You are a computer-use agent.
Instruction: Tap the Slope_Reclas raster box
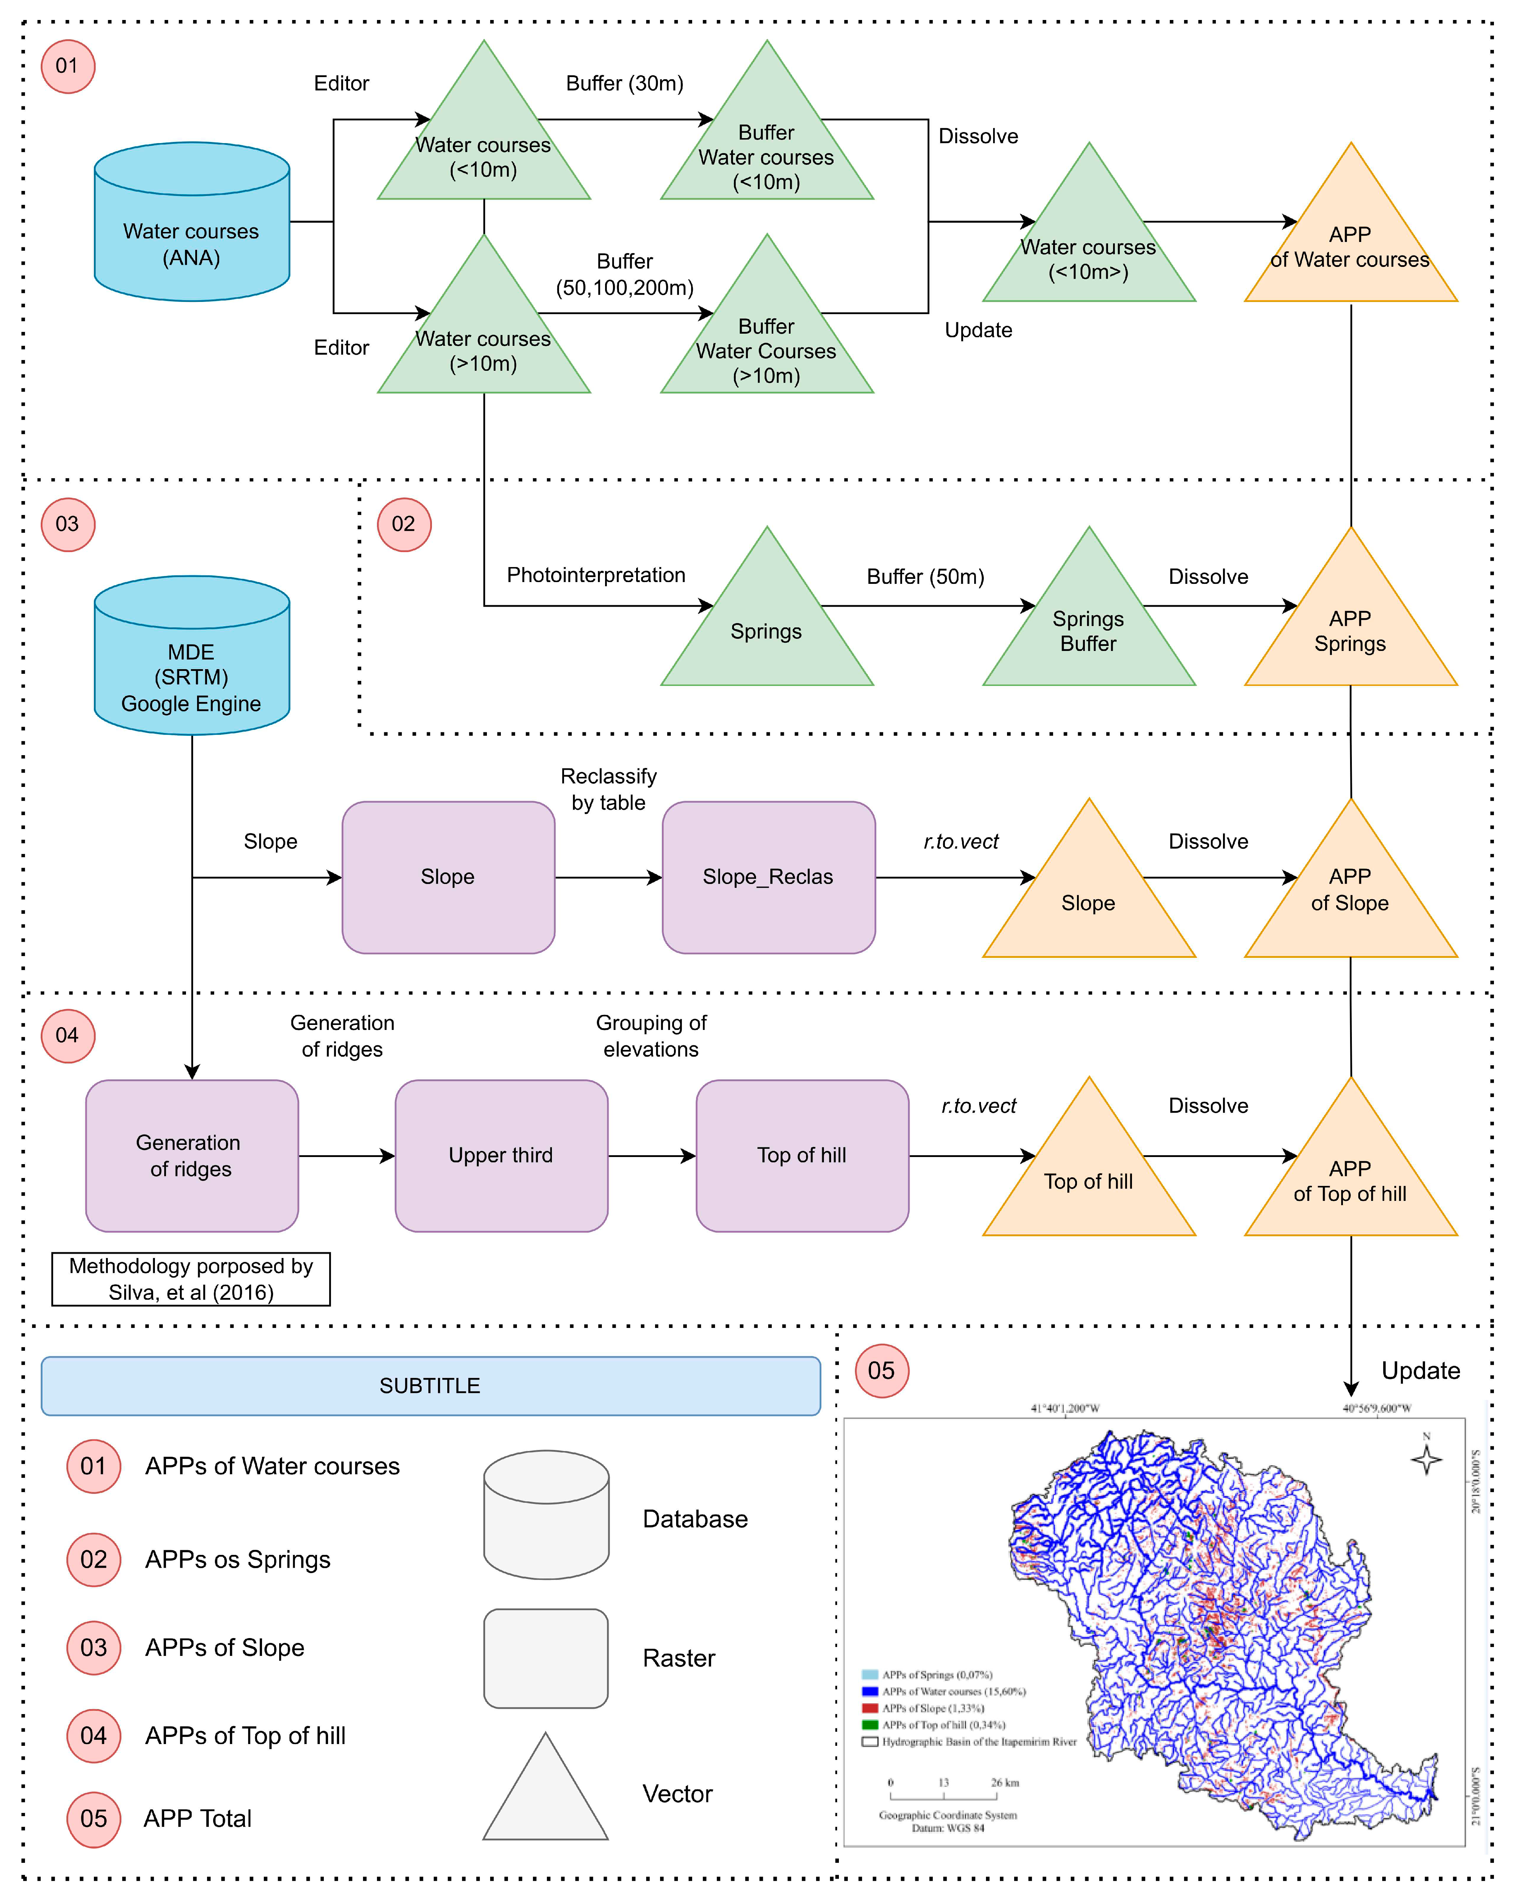pyautogui.click(x=767, y=877)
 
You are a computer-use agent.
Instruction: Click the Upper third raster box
pyautogui.click(x=500, y=1155)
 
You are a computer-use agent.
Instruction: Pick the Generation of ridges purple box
pyautogui.click(x=191, y=1155)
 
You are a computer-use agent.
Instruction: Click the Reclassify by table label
pyautogui.click(x=608, y=789)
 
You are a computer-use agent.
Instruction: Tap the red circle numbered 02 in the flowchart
pyautogui.click(x=404, y=524)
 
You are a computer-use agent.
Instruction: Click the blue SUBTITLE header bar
pyautogui.click(x=430, y=1385)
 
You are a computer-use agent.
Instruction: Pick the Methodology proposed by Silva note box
pyautogui.click(x=191, y=1279)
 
